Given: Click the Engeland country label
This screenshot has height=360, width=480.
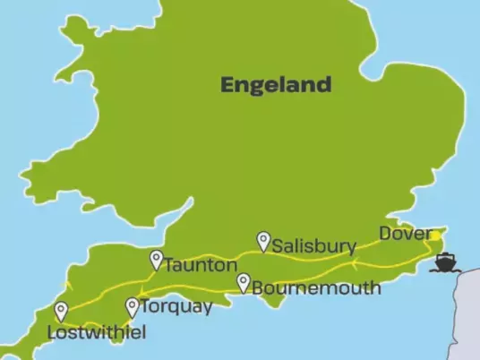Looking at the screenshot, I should pyautogui.click(x=276, y=85).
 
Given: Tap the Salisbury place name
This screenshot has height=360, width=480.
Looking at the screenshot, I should pyautogui.click(x=314, y=245).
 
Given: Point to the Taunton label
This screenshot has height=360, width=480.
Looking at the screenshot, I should pyautogui.click(x=201, y=265).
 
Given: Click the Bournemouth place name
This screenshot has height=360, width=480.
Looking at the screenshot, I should pyautogui.click(x=316, y=288).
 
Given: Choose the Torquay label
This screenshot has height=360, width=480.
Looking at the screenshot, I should pyautogui.click(x=178, y=307).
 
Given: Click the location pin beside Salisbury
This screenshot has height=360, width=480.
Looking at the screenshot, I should pyautogui.click(x=263, y=241).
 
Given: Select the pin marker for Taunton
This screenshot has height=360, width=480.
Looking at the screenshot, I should pyautogui.click(x=157, y=260).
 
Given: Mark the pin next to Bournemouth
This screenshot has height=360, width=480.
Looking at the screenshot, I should pyautogui.click(x=244, y=283).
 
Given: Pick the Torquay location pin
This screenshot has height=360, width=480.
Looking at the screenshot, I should pyautogui.click(x=133, y=306).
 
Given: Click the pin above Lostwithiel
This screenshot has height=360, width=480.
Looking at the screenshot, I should pyautogui.click(x=61, y=312).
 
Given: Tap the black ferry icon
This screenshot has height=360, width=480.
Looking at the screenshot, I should pyautogui.click(x=445, y=262).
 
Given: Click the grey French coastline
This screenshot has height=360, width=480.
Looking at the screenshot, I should pyautogui.click(x=471, y=313).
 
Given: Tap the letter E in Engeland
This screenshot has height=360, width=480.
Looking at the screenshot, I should pyautogui.click(x=228, y=85).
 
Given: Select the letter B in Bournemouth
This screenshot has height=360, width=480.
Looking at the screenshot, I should pyautogui.click(x=258, y=288).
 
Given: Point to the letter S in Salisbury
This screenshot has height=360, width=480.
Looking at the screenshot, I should pyautogui.click(x=279, y=245).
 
